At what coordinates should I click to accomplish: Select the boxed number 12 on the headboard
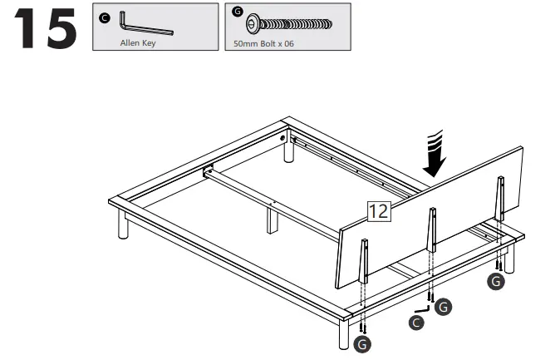point(378,211)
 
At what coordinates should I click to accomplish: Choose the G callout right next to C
point(444,308)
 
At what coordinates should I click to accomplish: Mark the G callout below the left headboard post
point(362,343)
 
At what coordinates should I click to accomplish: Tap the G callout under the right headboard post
point(496,283)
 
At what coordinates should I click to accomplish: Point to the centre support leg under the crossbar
point(272,219)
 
